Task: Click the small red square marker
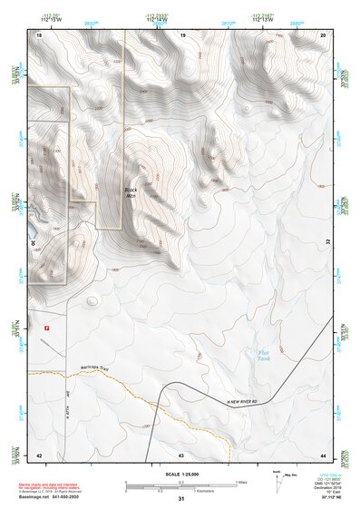[x=46, y=327]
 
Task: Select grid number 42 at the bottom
[x=38, y=454]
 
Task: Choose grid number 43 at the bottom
[x=181, y=454]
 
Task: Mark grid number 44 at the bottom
[x=324, y=454]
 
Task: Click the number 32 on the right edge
[x=328, y=243]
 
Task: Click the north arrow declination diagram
[x=277, y=478]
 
